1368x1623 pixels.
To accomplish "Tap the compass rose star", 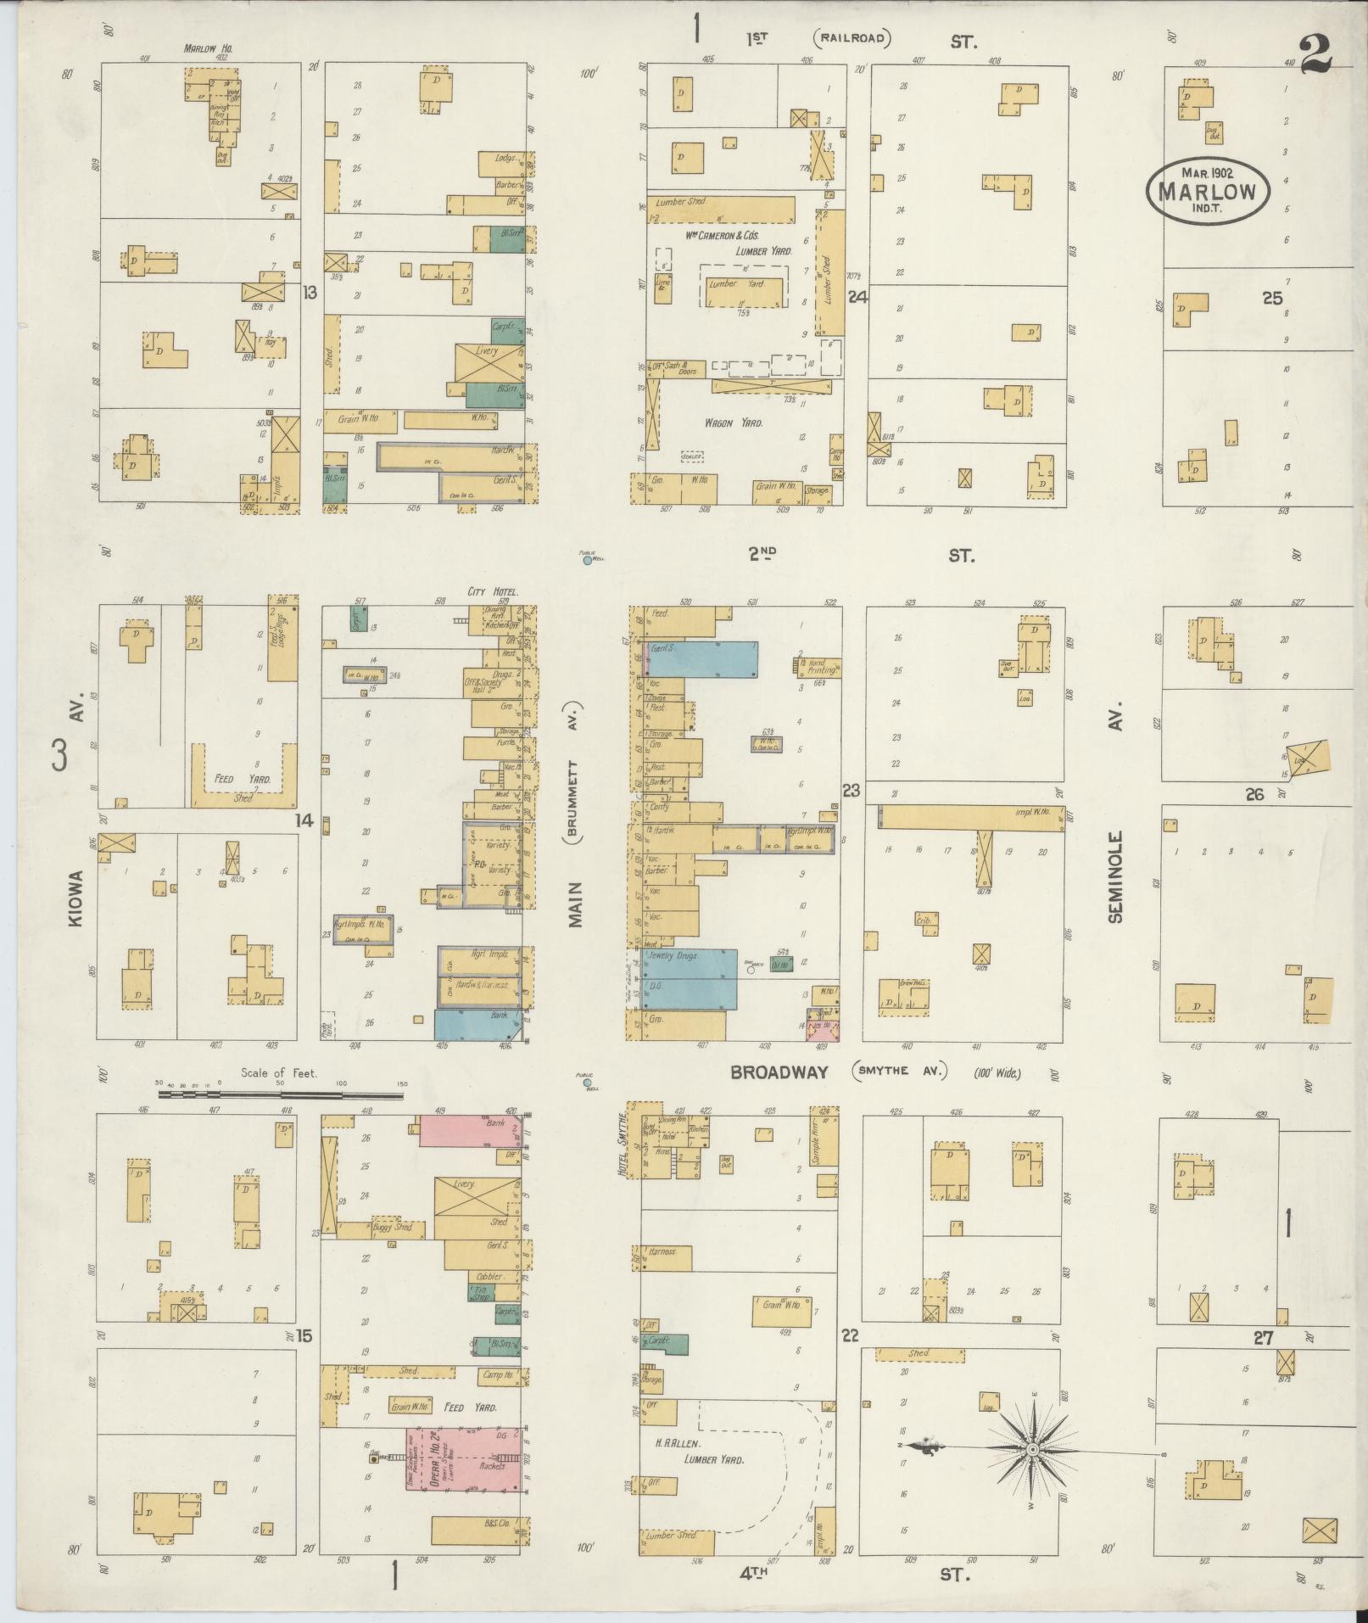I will pyautogui.click(x=1032, y=1450).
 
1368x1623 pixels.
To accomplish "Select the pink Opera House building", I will pyautogui.click(x=463, y=1458).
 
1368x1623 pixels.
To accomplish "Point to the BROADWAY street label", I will pyautogui.click(x=779, y=1072).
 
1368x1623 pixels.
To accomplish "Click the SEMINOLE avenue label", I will pyautogui.click(x=1115, y=876).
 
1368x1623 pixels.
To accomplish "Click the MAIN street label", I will pyautogui.click(x=576, y=904).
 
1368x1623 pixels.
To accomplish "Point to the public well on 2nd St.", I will pyautogui.click(x=587, y=560).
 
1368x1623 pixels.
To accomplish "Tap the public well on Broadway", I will pyautogui.click(x=586, y=1083).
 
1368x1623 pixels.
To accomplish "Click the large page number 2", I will pyautogui.click(x=1313, y=53).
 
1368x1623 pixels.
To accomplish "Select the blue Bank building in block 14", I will pyautogui.click(x=477, y=1025).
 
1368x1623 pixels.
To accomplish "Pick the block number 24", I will pyautogui.click(x=857, y=297).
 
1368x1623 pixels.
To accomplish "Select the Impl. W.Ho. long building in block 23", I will pyautogui.click(x=975, y=816).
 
